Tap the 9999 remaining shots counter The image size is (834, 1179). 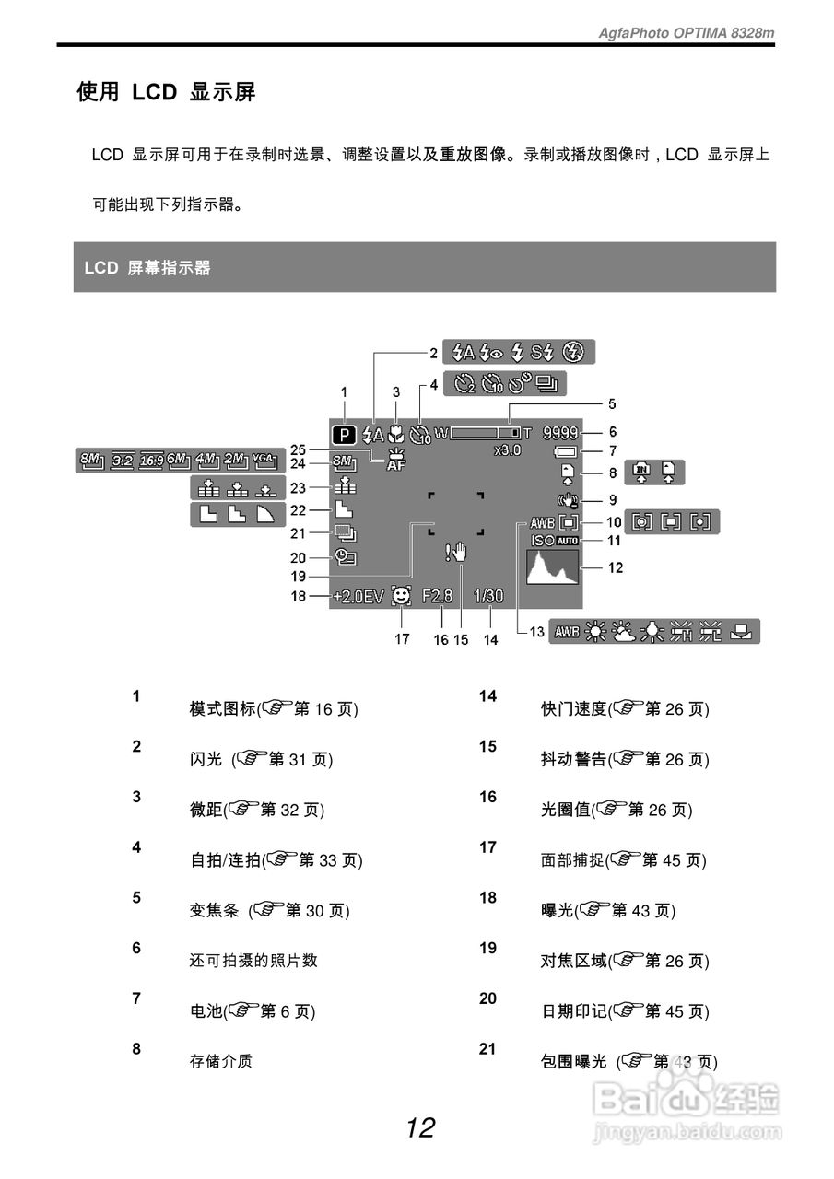[561, 432]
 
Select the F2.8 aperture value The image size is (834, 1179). [438, 596]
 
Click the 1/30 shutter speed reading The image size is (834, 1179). [488, 596]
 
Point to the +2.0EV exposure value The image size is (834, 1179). [358, 596]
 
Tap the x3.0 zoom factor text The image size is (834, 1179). [507, 450]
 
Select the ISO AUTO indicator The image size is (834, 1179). [555, 541]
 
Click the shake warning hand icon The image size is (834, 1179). [457, 553]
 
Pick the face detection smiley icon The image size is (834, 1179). [402, 596]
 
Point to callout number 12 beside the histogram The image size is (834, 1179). [616, 567]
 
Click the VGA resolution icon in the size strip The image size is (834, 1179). [263, 459]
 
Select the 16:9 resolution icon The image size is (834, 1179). [151, 459]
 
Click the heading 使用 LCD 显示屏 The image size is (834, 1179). [166, 92]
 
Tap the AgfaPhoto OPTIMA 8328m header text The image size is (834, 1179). [687, 32]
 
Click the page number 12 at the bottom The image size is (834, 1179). [420, 1127]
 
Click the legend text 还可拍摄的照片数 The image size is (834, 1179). [253, 960]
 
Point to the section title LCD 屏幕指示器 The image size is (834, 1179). [147, 268]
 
